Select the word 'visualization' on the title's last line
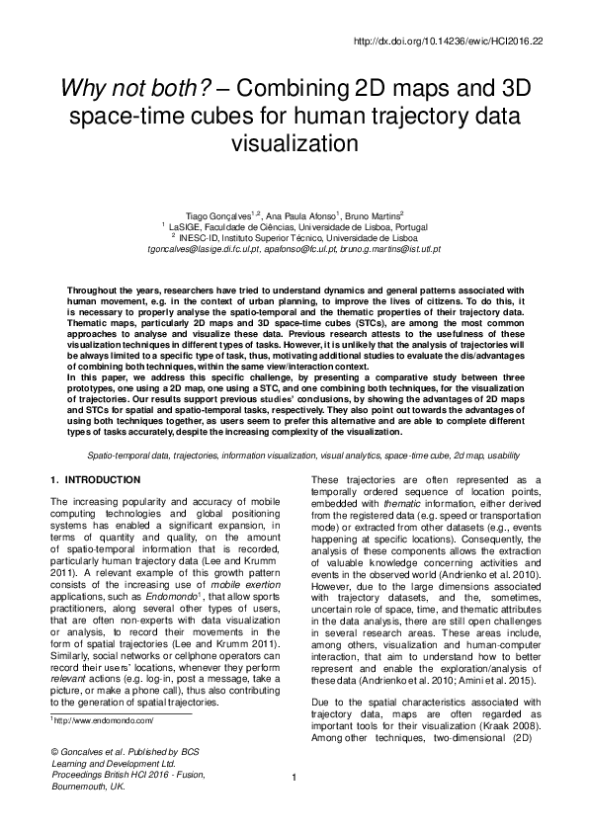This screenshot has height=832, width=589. click(294, 141)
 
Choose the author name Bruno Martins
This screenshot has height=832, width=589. click(373, 214)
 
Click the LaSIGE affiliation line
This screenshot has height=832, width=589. click(295, 226)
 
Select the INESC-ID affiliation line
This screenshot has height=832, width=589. click(295, 237)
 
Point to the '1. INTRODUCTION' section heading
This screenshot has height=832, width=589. click(95, 480)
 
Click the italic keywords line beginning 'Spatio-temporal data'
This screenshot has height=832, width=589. click(294, 458)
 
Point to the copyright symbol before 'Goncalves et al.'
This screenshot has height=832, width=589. click(54, 781)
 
